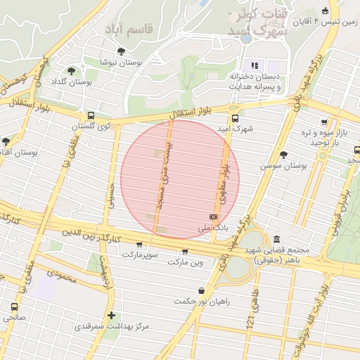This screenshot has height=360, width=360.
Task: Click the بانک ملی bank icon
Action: pos(213,217)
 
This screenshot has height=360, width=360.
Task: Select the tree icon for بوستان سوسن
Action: pos(283,155)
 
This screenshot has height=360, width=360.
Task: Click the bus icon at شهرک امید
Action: pos(234,118)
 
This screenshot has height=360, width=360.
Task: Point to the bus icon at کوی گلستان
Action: pos(91,115)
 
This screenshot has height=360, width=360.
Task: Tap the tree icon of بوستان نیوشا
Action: pos(122,51)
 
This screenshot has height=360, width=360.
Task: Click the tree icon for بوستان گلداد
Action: pos(71,70)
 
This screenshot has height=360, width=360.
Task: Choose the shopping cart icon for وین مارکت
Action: pos(185,252)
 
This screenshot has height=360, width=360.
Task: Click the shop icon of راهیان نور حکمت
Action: pos(202,290)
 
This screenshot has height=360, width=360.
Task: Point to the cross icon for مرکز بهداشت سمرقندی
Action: pos(111,316)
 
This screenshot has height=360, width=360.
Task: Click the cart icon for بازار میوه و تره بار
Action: pos(323,122)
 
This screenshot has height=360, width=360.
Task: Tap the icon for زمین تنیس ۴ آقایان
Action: pos(324,11)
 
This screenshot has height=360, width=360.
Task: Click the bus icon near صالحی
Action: pos(14,307)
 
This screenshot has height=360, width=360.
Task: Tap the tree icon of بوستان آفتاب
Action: pos(6,141)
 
